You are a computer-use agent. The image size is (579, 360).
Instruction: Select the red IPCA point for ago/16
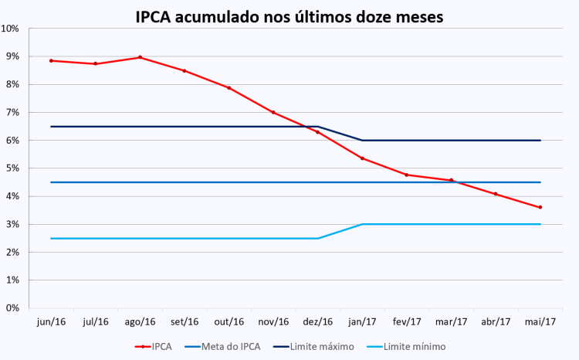pyautogui.click(x=140, y=57)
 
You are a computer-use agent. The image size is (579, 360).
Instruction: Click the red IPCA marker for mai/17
pyautogui.click(x=540, y=207)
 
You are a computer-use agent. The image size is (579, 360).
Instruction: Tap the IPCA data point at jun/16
pyautogui.click(x=51, y=60)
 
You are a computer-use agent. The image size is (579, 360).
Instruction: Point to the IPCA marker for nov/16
pyautogui.click(x=273, y=112)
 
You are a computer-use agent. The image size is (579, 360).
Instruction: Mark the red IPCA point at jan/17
pyautogui.click(x=362, y=158)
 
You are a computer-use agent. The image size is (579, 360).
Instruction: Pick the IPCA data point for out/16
pyautogui.click(x=229, y=88)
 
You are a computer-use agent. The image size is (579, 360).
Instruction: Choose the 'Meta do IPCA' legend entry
pyautogui.click(x=230, y=347)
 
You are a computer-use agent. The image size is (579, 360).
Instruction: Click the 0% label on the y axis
pyautogui.click(x=13, y=307)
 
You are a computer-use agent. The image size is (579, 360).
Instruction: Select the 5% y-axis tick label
pyautogui.click(x=13, y=168)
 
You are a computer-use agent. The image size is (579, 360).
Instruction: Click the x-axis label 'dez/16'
pyautogui.click(x=317, y=321)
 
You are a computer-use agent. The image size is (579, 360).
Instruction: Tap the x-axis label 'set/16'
pyautogui.click(x=184, y=321)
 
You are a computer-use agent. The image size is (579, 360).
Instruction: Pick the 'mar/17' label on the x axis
pyautogui.click(x=451, y=321)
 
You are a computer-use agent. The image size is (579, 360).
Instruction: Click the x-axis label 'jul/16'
pyautogui.click(x=95, y=321)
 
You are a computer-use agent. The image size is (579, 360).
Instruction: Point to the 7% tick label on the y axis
pyautogui.click(x=13, y=113)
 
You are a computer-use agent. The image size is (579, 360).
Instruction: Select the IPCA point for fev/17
pyautogui.click(x=407, y=175)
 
